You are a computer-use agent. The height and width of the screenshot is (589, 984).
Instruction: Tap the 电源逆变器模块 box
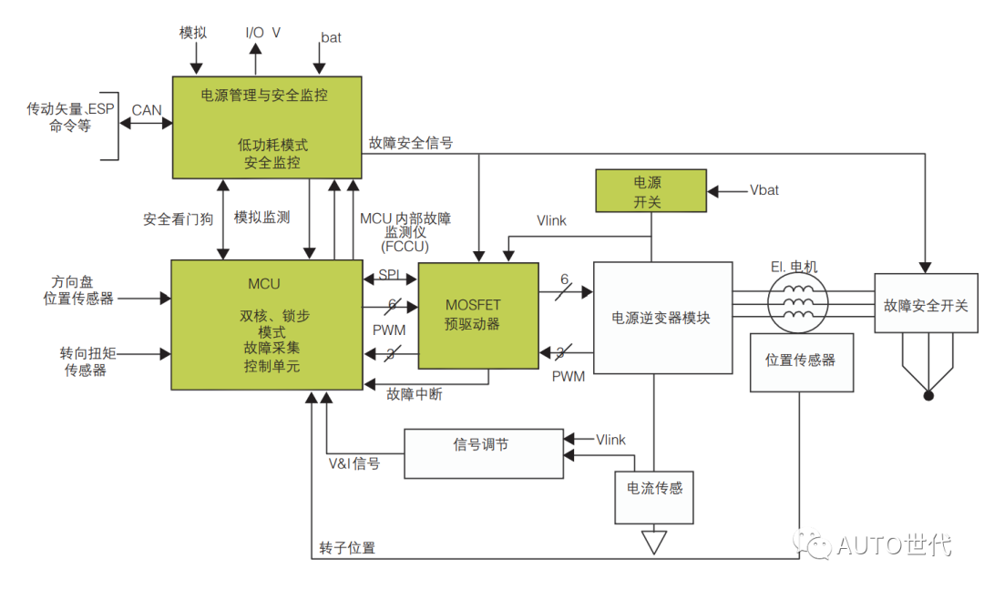tap(662, 318)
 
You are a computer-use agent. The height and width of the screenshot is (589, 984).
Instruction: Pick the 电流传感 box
tap(653, 497)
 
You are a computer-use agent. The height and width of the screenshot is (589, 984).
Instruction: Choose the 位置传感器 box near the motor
tap(801, 361)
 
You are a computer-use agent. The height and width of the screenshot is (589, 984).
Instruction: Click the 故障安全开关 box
tap(926, 306)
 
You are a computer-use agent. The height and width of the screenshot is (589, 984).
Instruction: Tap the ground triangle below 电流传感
tap(652, 543)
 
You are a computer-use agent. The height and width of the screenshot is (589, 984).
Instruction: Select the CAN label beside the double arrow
tap(147, 110)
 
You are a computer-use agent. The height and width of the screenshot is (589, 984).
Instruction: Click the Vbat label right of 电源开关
tap(764, 190)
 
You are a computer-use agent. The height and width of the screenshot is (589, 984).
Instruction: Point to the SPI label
tap(389, 274)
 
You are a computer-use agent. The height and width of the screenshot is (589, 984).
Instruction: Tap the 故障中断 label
tap(415, 394)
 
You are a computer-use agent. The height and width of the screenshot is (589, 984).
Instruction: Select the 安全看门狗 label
tap(178, 219)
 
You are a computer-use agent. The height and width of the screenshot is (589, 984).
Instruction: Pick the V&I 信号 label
tap(354, 463)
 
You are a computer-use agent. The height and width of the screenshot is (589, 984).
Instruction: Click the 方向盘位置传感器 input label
tap(78, 289)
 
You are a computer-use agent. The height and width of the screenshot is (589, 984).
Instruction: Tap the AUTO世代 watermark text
tap(893, 545)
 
